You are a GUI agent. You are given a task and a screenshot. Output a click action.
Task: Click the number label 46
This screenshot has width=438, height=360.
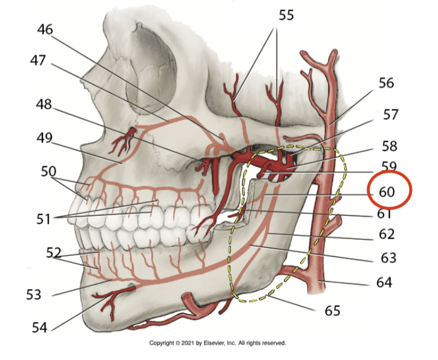coord(45,29)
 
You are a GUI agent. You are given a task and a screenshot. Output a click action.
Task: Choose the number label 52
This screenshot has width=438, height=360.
coord(54,253)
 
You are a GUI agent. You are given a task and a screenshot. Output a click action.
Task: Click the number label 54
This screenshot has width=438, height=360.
coord(40,327)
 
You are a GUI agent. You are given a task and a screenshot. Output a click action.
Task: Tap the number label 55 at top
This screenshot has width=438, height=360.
coord(286,15)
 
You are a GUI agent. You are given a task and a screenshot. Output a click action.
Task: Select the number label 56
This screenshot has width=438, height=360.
coord(386,83)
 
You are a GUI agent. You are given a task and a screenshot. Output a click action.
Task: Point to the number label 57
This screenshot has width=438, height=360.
coord(390,114)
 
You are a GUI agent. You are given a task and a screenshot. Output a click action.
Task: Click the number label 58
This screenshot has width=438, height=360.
coord(389,146)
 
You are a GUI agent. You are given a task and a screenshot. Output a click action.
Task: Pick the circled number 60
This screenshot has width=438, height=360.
coord(387,193)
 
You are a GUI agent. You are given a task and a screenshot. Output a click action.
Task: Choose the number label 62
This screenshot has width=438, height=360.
coord(388,235)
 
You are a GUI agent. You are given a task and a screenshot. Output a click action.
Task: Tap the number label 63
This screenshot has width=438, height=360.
coord(388,258)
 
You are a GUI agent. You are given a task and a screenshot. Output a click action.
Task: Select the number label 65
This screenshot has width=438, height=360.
coord(333,311)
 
